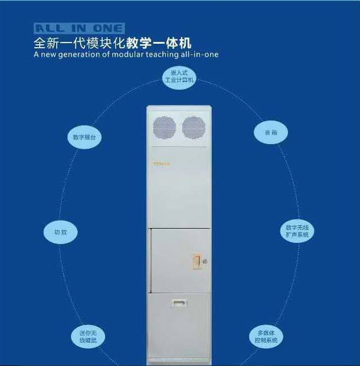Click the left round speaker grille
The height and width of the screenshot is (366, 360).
165,127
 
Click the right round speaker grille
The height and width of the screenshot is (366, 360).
193,127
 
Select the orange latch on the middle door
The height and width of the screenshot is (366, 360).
197,260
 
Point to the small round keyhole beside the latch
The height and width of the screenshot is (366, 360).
205,261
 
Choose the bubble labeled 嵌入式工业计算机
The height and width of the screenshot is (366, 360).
179,77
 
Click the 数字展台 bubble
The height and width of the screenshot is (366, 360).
84,137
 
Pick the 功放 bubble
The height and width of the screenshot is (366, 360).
60,232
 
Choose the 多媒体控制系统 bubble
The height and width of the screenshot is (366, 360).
266,336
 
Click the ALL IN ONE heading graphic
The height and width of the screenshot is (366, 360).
79,28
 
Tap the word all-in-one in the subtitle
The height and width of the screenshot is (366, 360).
199,55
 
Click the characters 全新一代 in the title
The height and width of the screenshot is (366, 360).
53,43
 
